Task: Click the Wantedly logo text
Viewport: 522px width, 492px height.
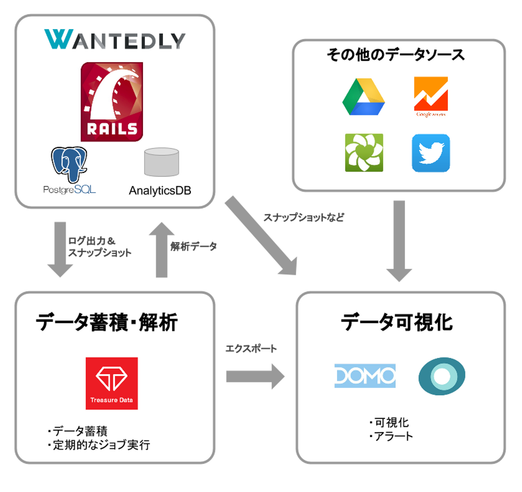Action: pyautogui.click(x=115, y=40)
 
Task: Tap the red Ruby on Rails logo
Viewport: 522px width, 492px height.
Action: pyautogui.click(x=112, y=102)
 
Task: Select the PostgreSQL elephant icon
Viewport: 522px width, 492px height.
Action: pyautogui.click(x=69, y=164)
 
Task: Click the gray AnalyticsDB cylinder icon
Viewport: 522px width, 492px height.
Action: pyautogui.click(x=161, y=162)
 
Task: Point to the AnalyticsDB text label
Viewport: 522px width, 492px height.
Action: pyautogui.click(x=160, y=190)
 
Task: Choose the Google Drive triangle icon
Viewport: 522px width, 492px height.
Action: pyautogui.click(x=363, y=97)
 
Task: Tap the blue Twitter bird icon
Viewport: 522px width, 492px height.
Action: pyautogui.click(x=431, y=153)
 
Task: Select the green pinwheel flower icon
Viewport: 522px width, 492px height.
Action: pyautogui.click(x=364, y=153)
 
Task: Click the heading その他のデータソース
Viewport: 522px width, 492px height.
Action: pyautogui.click(x=396, y=55)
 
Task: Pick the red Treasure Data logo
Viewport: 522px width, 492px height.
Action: pyautogui.click(x=112, y=384)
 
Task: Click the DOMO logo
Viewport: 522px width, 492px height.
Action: pyautogui.click(x=365, y=376)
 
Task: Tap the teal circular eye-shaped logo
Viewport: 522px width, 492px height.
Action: pyautogui.click(x=442, y=376)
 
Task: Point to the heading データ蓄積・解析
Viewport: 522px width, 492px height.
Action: pyautogui.click(x=107, y=322)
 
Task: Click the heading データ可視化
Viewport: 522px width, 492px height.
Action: pyautogui.click(x=397, y=322)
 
